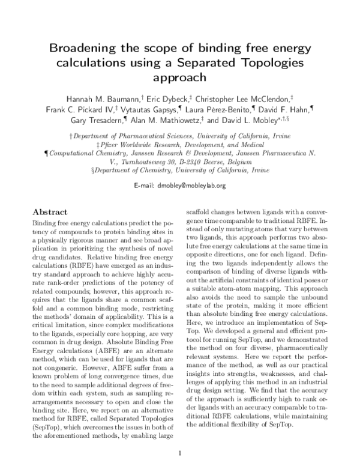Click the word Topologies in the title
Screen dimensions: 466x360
[x=272, y=63]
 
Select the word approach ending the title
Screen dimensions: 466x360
[x=179, y=77]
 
